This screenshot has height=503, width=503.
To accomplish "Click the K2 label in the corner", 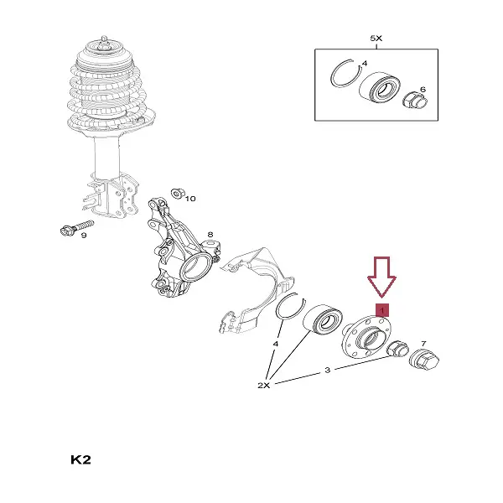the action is coord(80,459).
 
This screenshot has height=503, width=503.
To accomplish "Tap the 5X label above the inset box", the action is coord(376,39).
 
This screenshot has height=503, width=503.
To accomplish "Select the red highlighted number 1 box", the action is coord(382,310).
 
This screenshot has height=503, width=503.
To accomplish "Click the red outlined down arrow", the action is coord(381,276).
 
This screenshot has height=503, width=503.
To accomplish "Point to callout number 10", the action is coord(190,199).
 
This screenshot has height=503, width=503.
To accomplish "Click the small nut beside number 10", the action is coord(177,194).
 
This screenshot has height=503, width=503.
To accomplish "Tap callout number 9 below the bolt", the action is coord(84,236).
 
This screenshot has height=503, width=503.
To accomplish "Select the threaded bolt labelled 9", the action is coord(77,227).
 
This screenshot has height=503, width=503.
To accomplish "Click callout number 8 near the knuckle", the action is coord(210,235).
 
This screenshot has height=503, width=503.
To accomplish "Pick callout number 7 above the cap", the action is coord(423,344).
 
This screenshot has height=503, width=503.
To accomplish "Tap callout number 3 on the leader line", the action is coord(327,370).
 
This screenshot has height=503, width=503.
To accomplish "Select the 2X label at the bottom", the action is coord(264,386).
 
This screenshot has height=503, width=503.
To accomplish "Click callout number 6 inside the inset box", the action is coord(423,90).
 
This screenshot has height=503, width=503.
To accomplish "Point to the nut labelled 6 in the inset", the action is coord(415,101).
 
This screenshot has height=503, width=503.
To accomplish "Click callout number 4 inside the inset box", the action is coord(364,64).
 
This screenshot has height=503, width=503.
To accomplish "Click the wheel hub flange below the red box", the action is coord(366,337).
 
